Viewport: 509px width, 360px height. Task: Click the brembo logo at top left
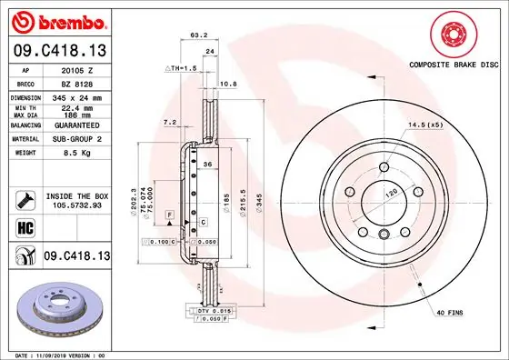(x=58, y=20)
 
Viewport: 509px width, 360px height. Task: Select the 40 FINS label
(x=449, y=314)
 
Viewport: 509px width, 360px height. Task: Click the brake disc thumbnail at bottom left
(x=54, y=309)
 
